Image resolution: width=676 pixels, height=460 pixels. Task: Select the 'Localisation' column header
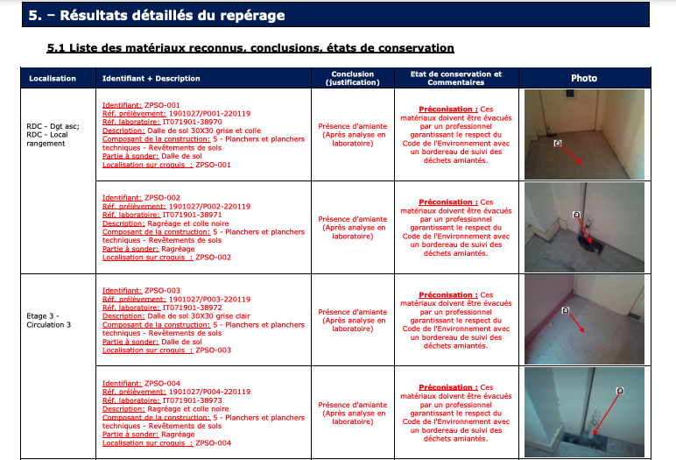click(53, 79)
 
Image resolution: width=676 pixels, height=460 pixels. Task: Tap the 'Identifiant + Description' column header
click(151, 79)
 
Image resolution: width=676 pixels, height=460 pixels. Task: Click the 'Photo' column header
click(583, 79)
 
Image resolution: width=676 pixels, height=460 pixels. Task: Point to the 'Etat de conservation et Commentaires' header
click(455, 79)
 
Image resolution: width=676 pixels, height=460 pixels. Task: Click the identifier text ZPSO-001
click(162, 105)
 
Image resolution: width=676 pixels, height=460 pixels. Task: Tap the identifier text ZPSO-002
click(162, 198)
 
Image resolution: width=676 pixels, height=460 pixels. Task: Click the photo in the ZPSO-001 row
click(584, 134)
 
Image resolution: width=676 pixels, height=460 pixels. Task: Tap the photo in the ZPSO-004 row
click(584, 411)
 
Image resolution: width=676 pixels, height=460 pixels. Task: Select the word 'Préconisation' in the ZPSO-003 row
click(447, 295)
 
